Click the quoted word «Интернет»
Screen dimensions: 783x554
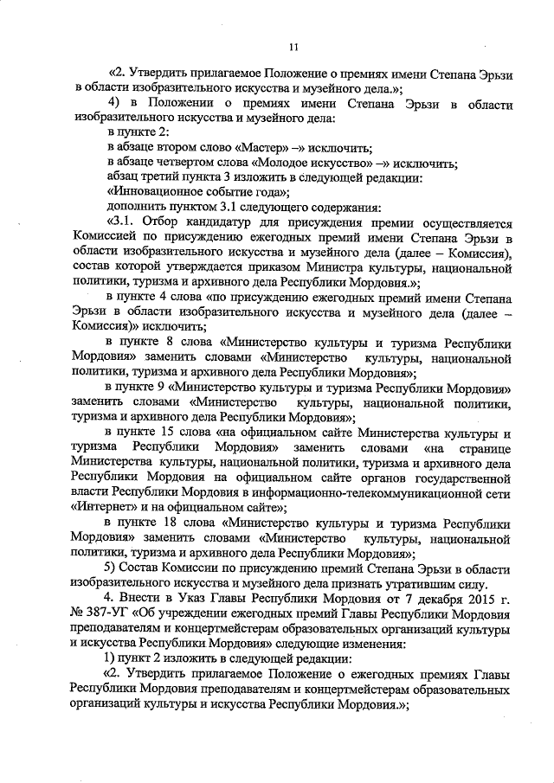click(110, 508)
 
